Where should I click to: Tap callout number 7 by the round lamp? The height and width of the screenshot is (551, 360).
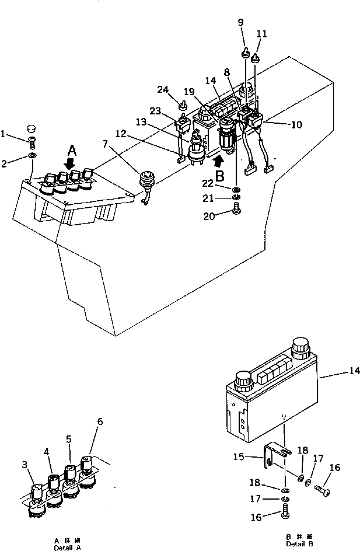(105, 144)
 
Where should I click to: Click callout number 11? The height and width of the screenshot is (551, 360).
(262, 34)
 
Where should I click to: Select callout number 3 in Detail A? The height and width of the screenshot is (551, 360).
(25, 464)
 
